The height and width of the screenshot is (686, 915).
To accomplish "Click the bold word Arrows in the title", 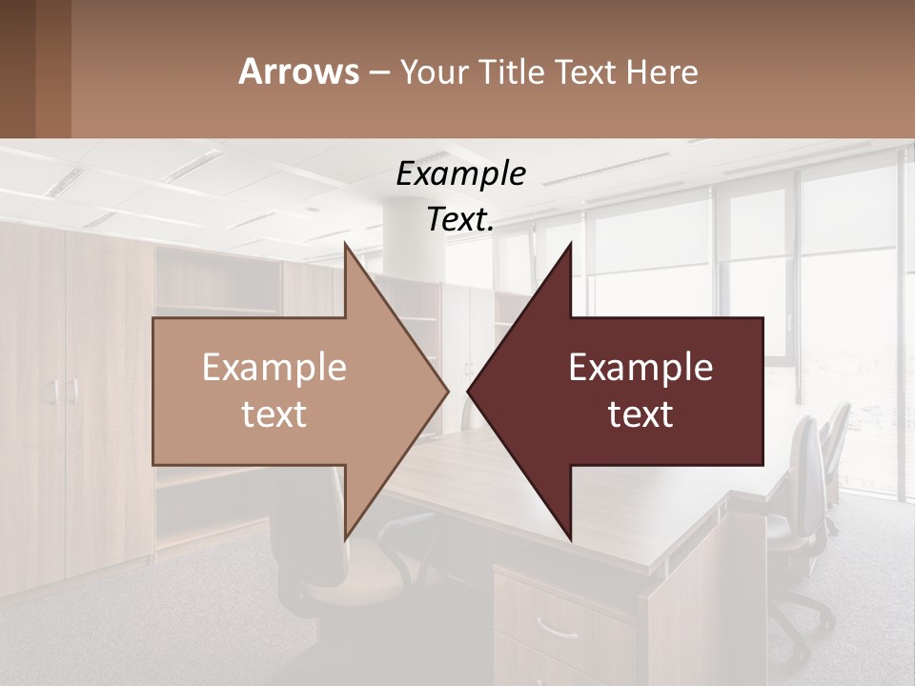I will coord(298,71).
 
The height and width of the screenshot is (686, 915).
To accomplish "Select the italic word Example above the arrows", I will coord(460,173).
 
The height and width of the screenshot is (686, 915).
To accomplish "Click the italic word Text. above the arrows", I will coord(460,219).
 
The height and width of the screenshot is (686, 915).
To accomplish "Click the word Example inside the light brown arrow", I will coord(274,367).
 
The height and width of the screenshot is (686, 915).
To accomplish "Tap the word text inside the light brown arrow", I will coord(274,414).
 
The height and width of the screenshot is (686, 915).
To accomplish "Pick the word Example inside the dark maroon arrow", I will coord(640,367).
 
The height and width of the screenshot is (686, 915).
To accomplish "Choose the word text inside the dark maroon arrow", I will coord(640,414).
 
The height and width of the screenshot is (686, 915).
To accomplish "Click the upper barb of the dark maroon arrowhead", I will coord(569,250).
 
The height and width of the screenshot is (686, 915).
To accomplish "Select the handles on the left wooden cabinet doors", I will coord(64,391).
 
